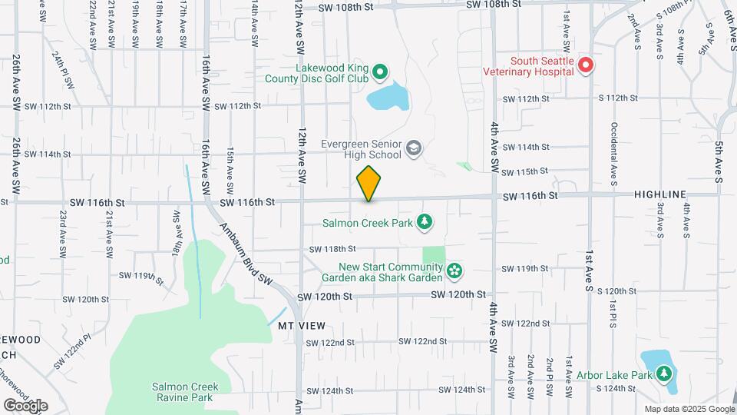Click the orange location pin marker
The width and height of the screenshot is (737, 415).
[368, 184]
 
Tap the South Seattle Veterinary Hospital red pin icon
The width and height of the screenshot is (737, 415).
[586, 65]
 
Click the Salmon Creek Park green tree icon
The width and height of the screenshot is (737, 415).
[423, 223]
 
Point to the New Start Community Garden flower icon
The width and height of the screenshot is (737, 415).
[455, 271]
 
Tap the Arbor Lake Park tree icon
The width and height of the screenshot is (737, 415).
[663, 374]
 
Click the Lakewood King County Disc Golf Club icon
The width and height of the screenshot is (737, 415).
[379, 74]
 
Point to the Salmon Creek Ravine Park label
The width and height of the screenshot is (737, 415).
[185, 392]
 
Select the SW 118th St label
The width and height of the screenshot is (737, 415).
[333, 249]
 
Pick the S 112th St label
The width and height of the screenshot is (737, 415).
[618, 98]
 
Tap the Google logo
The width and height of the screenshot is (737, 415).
[25, 405]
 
